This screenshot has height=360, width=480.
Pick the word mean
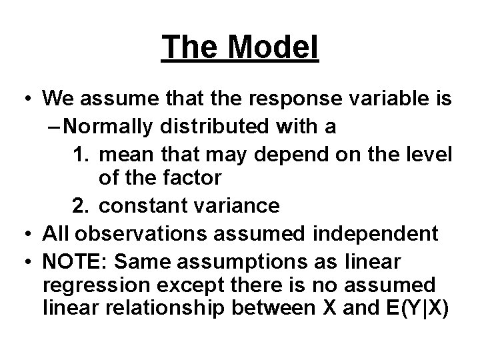tap(127, 153)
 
